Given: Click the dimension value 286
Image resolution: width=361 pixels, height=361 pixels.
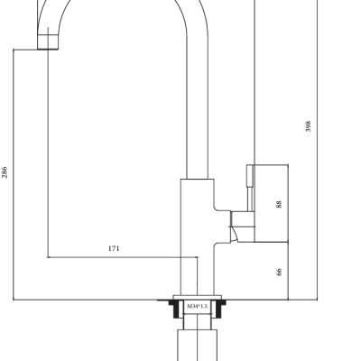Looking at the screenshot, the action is [x=5, y=172].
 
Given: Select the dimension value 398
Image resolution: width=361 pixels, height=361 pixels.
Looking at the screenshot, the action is [x=308, y=126].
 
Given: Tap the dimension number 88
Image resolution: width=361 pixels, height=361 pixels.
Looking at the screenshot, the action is [x=279, y=204].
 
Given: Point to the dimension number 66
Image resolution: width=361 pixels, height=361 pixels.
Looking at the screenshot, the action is [x=279, y=272].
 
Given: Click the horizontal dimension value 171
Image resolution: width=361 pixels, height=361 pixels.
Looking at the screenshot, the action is [x=114, y=248].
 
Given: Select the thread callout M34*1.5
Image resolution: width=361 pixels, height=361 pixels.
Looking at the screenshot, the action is [x=198, y=306].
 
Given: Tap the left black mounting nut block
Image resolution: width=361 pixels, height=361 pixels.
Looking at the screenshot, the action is [x=174, y=309].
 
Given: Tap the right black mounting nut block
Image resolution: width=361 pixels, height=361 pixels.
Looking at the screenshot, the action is [x=220, y=309].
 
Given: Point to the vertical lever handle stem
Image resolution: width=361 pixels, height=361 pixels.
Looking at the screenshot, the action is [x=250, y=188].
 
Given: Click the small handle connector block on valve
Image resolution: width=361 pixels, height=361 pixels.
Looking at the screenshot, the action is [x=243, y=219].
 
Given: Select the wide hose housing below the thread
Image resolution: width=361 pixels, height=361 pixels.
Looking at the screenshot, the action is [x=198, y=346].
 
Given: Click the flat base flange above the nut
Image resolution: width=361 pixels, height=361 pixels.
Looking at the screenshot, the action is [x=198, y=298].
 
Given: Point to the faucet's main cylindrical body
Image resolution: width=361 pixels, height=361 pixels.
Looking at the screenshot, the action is [x=198, y=237].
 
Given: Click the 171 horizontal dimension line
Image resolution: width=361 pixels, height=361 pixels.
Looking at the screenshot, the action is [x=123, y=257].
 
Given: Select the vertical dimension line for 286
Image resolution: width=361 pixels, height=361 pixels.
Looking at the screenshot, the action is [x=14, y=174].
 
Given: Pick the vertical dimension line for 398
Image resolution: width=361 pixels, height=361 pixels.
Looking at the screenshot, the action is [x=318, y=150].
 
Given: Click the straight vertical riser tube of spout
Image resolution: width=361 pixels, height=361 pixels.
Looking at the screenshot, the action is [x=198, y=106].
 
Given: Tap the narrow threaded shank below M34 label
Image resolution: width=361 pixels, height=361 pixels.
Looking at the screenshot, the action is [x=198, y=321].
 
